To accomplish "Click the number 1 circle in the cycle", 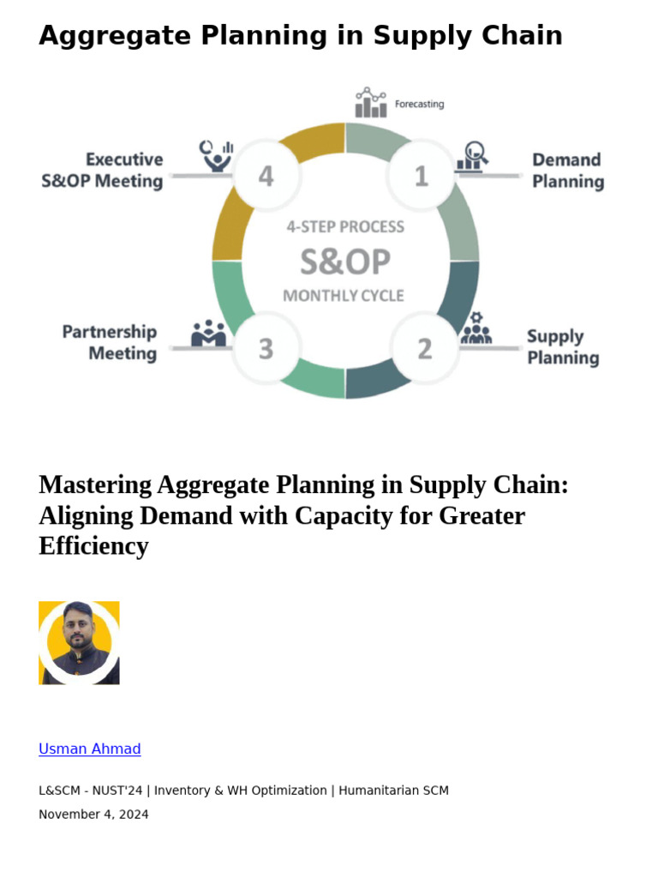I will [x=421, y=176].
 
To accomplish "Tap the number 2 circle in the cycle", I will [x=424, y=349].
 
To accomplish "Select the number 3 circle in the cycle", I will [x=266, y=349].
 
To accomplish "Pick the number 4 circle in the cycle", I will [x=266, y=176].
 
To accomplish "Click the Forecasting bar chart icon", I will [x=370, y=103].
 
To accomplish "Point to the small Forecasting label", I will [x=419, y=105].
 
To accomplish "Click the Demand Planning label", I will [x=567, y=171].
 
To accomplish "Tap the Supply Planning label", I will [x=562, y=347].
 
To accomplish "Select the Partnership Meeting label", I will [x=110, y=342].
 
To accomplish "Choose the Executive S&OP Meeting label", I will [x=102, y=170].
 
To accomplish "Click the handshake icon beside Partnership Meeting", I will [x=208, y=334].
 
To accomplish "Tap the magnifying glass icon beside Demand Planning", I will [x=472, y=156].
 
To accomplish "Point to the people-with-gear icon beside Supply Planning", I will [x=476, y=330].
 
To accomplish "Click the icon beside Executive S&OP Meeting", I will [x=217, y=155].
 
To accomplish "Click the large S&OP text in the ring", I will [x=344, y=262].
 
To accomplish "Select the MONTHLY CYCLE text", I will [x=344, y=296].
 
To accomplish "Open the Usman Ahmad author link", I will [x=90, y=749].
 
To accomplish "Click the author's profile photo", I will [x=79, y=642].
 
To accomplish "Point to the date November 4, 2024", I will [x=93, y=814].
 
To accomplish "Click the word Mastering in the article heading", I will [x=95, y=485].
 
